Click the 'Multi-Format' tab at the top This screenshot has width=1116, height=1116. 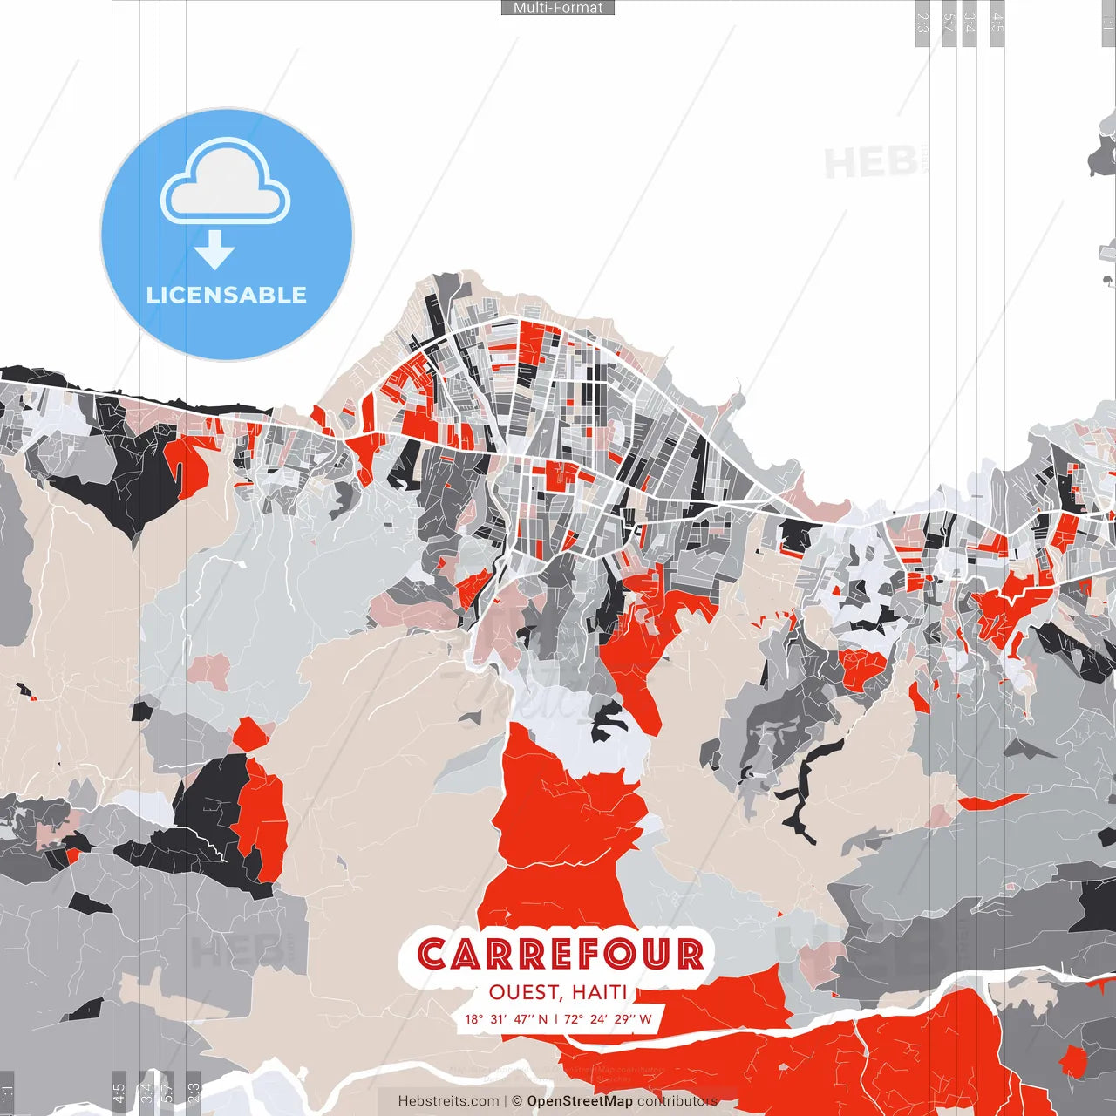[x=558, y=8]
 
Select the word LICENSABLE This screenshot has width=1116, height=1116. [x=227, y=295]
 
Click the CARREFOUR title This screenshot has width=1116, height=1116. [x=560, y=955]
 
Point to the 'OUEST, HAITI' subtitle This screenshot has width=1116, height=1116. [x=558, y=992]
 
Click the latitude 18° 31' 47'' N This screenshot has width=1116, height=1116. [x=507, y=1018]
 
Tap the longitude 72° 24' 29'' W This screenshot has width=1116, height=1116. [x=608, y=1018]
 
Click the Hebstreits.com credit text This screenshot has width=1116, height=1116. [x=449, y=1101]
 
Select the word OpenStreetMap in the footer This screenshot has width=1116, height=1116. [x=580, y=1101]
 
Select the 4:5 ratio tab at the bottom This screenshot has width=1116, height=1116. [x=119, y=1092]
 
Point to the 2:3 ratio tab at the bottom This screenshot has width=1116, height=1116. [x=194, y=1092]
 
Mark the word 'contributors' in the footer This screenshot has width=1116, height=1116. [x=677, y=1101]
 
